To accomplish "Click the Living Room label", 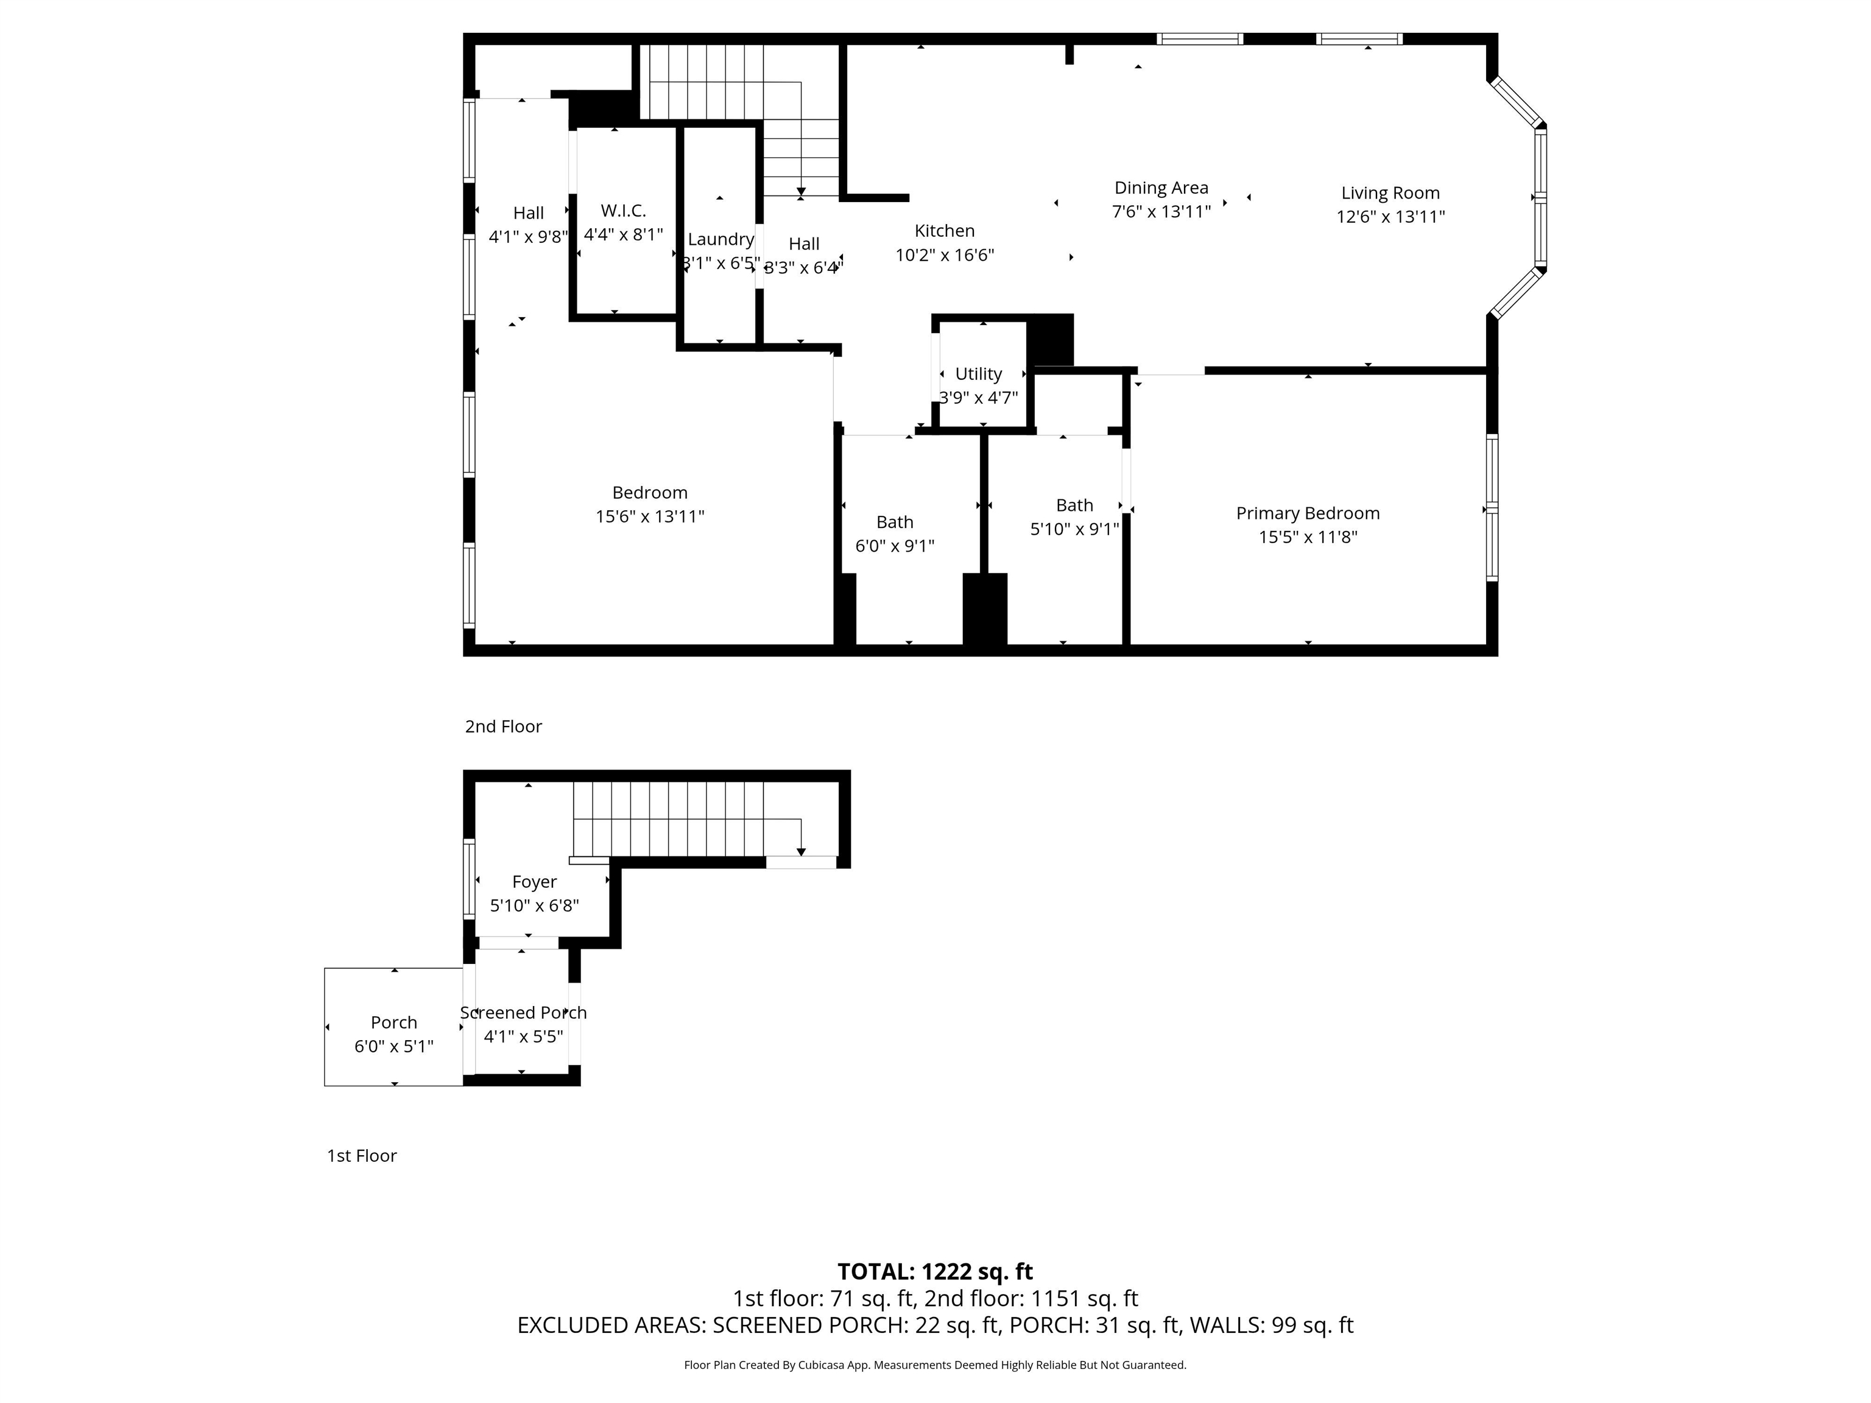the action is pyautogui.click(x=1390, y=193).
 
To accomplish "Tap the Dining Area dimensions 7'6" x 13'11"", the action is pyautogui.click(x=1161, y=211).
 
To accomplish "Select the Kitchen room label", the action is pyautogui.click(x=945, y=231).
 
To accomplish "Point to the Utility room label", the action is pyautogui.click(x=979, y=374).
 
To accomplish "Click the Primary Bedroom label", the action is pyautogui.click(x=1308, y=513).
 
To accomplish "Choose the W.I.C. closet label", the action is pyautogui.click(x=624, y=211).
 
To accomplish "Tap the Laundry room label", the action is pyautogui.click(x=721, y=239).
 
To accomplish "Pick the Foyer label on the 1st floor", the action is pyautogui.click(x=535, y=882).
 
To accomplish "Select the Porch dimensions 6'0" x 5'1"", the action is pyautogui.click(x=394, y=1046).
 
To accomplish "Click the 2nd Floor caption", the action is pyautogui.click(x=503, y=726).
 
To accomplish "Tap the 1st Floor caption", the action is pyautogui.click(x=362, y=1156).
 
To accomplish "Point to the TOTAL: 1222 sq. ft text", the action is pyautogui.click(x=935, y=1272).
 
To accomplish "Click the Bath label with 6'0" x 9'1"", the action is pyautogui.click(x=895, y=522).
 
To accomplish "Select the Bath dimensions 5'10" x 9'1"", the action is pyautogui.click(x=1074, y=529).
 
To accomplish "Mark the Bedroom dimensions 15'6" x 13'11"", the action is pyautogui.click(x=650, y=516).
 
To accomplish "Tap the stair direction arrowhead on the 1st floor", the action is pyautogui.click(x=801, y=852).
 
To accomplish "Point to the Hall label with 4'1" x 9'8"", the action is pyautogui.click(x=529, y=213).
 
